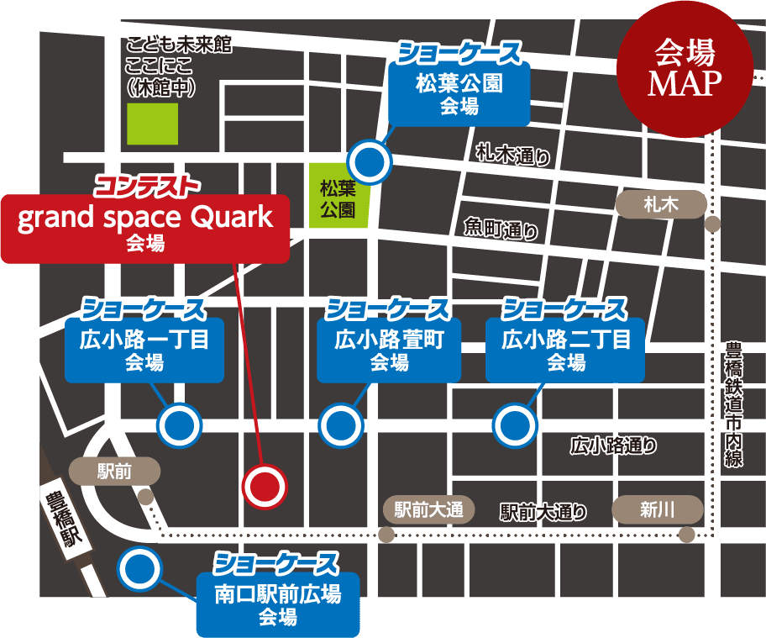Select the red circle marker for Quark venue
(x=265, y=486)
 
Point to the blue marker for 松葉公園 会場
(x=370, y=160)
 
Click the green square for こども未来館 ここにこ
(x=152, y=124)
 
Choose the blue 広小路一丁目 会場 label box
(x=144, y=351)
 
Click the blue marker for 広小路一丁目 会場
(x=181, y=425)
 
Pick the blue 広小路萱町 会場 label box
(x=389, y=351)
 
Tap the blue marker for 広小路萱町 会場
(x=341, y=425)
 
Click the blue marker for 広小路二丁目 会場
(x=515, y=425)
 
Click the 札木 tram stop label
(x=660, y=203)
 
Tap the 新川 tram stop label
(x=657, y=509)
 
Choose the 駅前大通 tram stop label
(x=428, y=509)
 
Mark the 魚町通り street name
(x=501, y=229)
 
